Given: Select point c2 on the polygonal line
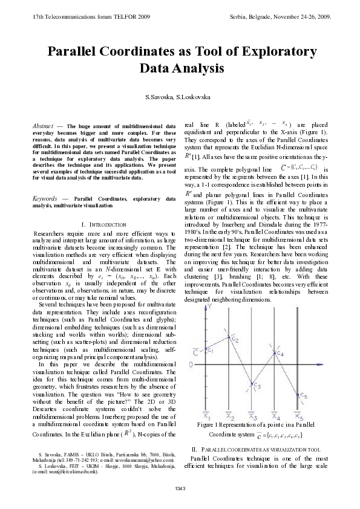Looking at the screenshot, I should click(x=229, y=339).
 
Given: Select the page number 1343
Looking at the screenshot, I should click(x=180, y=488).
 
